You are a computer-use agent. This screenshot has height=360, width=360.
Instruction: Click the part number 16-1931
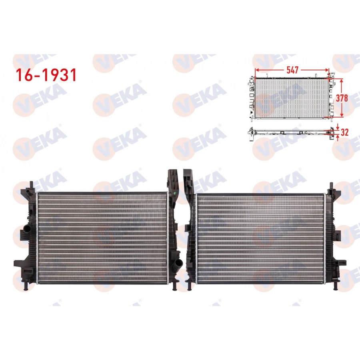pos(45,75)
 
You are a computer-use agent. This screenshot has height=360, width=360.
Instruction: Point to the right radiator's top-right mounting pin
pos(332,186)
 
